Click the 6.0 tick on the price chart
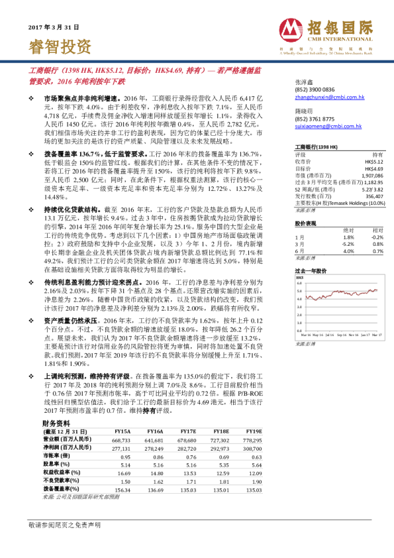300,283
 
